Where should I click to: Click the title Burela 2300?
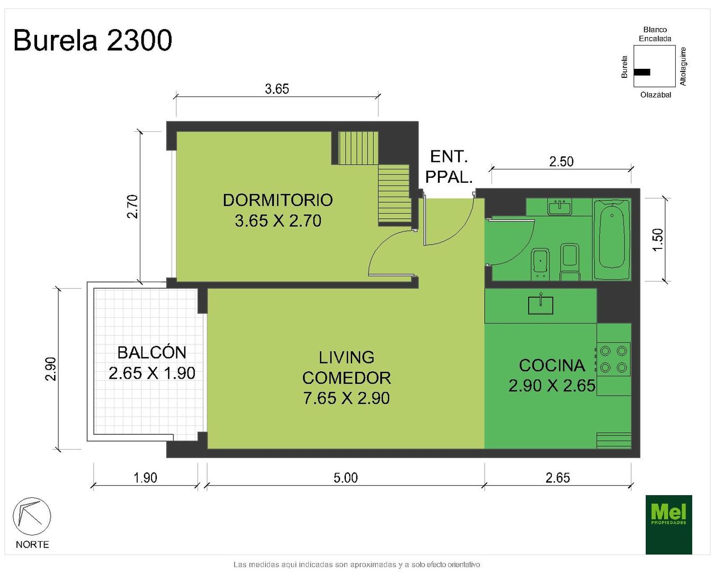click(x=93, y=40)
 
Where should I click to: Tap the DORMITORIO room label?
click(x=278, y=200)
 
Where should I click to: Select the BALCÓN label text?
click(x=152, y=352)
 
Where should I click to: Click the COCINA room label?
click(x=552, y=365)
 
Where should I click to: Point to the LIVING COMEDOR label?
click(x=346, y=368)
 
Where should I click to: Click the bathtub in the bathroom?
click(x=612, y=239)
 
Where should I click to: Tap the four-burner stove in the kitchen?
click(x=613, y=359)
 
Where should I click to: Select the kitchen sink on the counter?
click(x=541, y=305)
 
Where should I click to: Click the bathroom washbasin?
click(x=560, y=208)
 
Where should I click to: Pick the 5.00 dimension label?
click(x=346, y=478)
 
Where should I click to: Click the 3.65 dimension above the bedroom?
click(x=277, y=89)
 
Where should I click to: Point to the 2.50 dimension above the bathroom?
click(x=561, y=162)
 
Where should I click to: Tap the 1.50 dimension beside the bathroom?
click(x=658, y=239)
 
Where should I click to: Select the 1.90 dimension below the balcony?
click(x=145, y=478)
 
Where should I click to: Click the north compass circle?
click(x=32, y=516)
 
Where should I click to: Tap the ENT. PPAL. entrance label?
click(x=449, y=167)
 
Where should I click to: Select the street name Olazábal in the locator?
click(x=656, y=95)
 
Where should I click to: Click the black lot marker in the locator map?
click(x=642, y=72)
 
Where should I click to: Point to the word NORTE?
click(x=32, y=544)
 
